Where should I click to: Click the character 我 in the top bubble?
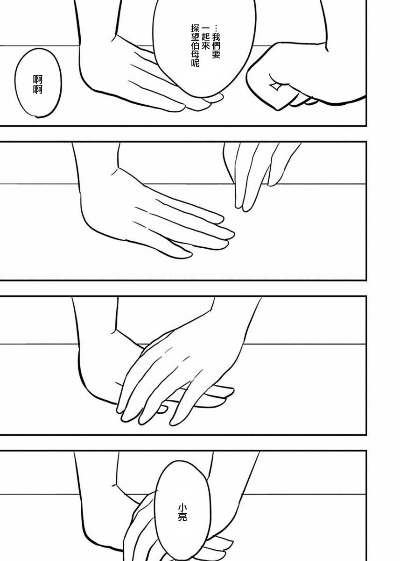click(x=216, y=37)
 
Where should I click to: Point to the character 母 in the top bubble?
click(x=195, y=53)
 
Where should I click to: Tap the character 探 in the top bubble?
click(x=195, y=29)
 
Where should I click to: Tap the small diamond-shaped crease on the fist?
click(x=274, y=86)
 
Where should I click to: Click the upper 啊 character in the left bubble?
click(x=38, y=79)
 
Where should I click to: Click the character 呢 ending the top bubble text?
click(x=195, y=63)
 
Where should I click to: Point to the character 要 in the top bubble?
click(x=216, y=55)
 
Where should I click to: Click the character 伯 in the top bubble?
click(x=195, y=45)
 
